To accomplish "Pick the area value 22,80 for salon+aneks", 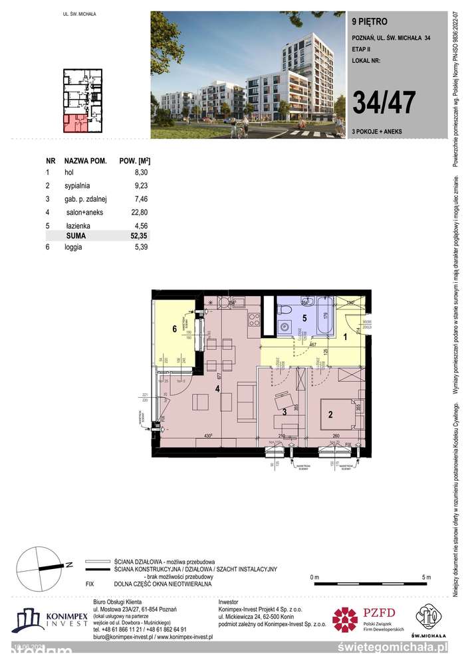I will pos(136,212).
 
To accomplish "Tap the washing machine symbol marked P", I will pos(285,327).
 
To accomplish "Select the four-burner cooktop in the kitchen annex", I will pos(253,323).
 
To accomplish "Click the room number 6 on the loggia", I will pos(175,329).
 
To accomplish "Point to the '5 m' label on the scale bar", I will pos(426,576).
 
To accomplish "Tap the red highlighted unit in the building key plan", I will pos(74,122).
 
